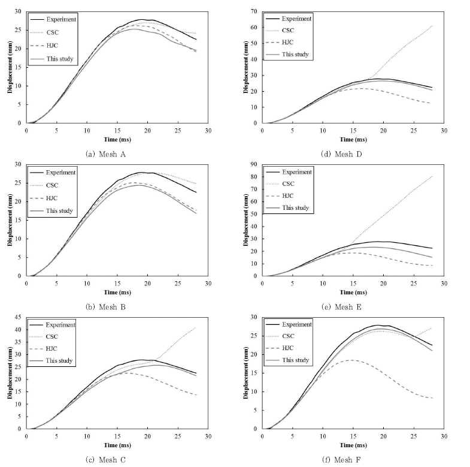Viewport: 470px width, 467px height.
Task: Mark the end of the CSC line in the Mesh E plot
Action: (432, 176)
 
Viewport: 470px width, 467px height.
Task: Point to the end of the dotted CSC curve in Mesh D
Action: (432, 26)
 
